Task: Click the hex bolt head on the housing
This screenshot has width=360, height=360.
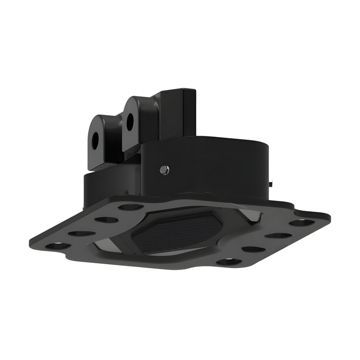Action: (164, 170)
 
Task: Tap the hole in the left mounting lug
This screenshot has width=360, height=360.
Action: (95, 140)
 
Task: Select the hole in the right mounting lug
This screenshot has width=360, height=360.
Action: (130, 121)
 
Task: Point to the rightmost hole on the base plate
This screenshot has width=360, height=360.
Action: (302, 223)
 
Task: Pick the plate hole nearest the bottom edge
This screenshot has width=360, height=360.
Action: (229, 262)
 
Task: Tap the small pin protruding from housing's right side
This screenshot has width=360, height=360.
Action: (271, 182)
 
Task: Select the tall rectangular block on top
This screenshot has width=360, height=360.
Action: (178, 112)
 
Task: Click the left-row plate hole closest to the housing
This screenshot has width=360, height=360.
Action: (130, 207)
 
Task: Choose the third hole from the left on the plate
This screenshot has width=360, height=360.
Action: (107, 220)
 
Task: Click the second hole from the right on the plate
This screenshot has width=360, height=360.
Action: (278, 235)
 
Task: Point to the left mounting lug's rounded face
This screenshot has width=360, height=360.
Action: (100, 134)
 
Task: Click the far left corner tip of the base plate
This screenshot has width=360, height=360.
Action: (31, 243)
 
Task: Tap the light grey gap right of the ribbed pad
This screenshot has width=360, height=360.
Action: (251, 215)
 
